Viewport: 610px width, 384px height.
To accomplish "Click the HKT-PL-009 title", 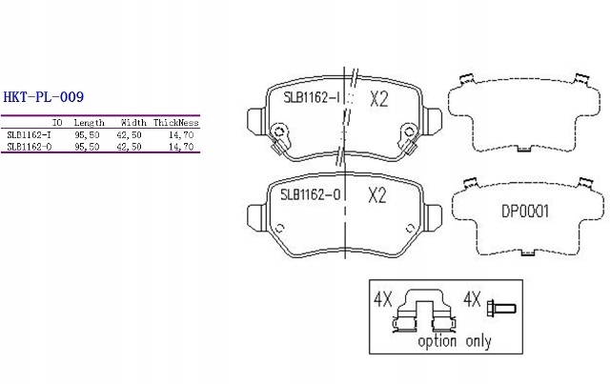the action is pyautogui.click(x=43, y=97).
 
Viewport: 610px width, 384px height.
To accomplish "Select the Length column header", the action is pyautogui.click(x=89, y=123).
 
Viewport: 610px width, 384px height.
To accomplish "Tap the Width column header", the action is pyautogui.click(x=133, y=123).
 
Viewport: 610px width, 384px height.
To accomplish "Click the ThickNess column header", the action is pyautogui.click(x=175, y=123).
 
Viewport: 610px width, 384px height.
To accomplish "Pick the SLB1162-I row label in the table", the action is pyautogui.click(x=29, y=135).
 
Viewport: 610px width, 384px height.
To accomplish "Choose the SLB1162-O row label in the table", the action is pyautogui.click(x=30, y=147).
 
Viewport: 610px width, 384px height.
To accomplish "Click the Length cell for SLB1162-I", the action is pyautogui.click(x=87, y=135).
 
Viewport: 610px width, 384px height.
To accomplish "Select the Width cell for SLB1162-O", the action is pyautogui.click(x=129, y=147).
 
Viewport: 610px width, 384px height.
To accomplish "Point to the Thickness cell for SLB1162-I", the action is pyautogui.click(x=181, y=135).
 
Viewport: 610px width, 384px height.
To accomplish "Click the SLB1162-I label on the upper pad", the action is pyautogui.click(x=312, y=97).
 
